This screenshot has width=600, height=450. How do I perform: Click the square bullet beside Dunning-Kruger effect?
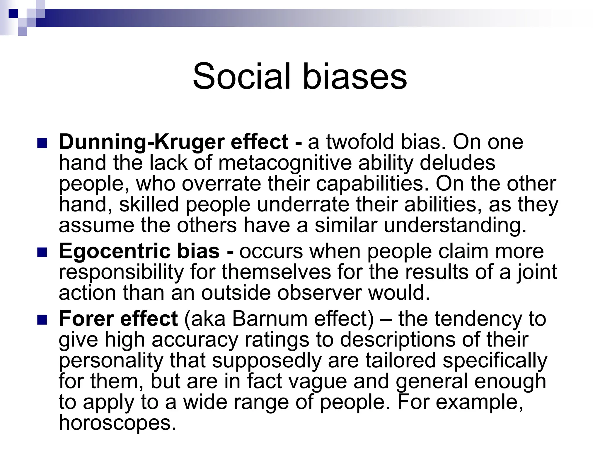click(x=42, y=143)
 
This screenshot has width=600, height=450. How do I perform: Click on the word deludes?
click(x=457, y=163)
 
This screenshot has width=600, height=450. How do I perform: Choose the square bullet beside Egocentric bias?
click(x=42, y=252)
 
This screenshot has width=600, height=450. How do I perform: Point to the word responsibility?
click(x=121, y=272)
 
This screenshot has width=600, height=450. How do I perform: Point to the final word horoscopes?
click(x=117, y=423)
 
